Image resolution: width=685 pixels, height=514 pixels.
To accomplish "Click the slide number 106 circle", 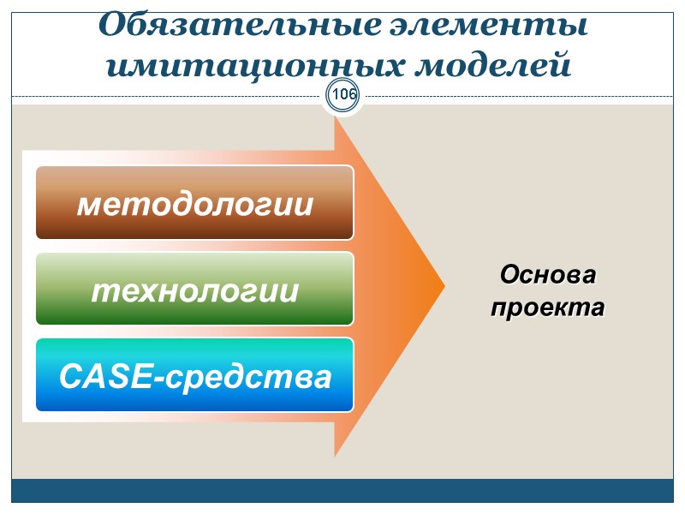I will tap(343, 94).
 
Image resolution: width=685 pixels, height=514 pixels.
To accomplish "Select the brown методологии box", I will tap(194, 203).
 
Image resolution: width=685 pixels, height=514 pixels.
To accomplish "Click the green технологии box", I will tap(194, 289).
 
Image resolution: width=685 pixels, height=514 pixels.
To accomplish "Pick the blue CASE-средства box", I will tap(194, 374).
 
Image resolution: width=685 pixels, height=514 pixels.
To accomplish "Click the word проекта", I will tap(547, 307).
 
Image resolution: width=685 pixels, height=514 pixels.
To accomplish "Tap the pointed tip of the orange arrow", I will tap(443, 287).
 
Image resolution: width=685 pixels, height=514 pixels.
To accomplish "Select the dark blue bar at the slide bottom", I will tap(342, 491).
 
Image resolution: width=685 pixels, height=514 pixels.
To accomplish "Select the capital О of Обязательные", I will tap(114, 27).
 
